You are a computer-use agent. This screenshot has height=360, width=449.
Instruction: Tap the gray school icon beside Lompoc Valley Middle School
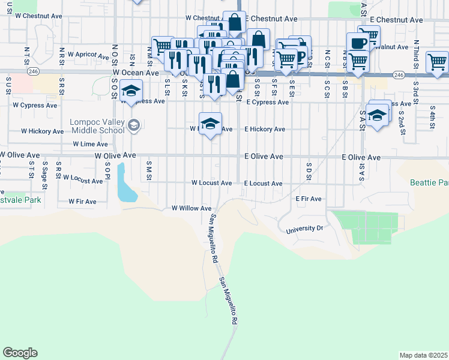coord(134,125)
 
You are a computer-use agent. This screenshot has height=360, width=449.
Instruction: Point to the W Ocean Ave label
coord(135,72)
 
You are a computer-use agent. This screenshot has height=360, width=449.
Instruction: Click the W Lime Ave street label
coord(90,144)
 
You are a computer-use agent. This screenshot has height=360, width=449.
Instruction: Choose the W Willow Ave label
coord(191,208)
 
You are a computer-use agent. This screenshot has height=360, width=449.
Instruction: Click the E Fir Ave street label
coord(309,199)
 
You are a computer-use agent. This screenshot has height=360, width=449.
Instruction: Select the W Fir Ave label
coord(82,202)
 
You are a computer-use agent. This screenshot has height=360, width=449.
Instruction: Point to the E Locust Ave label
coord(264,183)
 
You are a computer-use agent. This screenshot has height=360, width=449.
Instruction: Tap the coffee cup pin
coord(358,43)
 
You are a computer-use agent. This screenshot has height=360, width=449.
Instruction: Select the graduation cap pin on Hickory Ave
coord(210,124)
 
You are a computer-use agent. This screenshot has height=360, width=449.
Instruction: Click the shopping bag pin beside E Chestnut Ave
coord(234,23)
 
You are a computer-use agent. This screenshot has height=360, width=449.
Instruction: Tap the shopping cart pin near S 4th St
coord(437,62)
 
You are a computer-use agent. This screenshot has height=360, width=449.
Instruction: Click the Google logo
coord(20,353)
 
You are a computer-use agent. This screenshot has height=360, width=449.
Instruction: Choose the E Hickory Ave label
coord(265,129)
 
